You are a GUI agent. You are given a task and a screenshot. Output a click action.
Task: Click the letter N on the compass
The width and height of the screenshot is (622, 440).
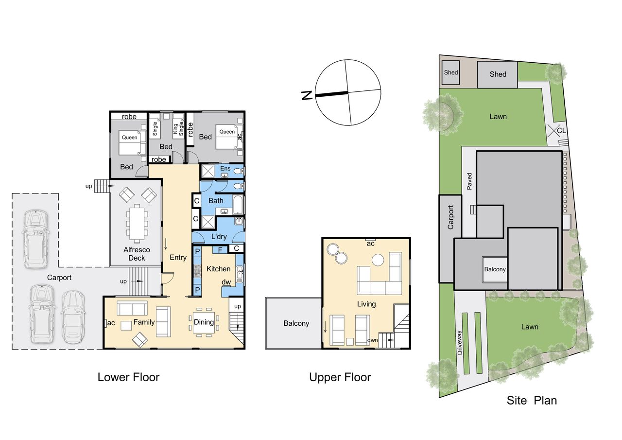pyautogui.click(x=307, y=95)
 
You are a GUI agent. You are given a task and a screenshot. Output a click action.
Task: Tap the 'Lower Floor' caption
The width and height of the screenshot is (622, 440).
pyautogui.click(x=128, y=377)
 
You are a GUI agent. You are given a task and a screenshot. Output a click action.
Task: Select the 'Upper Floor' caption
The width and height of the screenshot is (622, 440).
pyautogui.click(x=340, y=377)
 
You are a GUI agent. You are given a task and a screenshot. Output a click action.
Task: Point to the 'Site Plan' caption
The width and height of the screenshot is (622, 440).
pyautogui.click(x=532, y=400)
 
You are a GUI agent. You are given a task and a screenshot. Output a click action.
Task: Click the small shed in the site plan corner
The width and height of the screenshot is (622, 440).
pyautogui.click(x=450, y=73)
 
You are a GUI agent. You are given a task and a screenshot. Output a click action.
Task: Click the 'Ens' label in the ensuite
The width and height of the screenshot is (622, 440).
pyautogui.click(x=225, y=168)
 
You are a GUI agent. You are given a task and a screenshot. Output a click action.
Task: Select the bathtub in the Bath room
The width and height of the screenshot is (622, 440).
pyautogui.click(x=238, y=205)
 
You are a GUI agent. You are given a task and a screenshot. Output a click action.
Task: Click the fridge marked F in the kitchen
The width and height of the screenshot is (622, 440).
pyautogui.click(x=220, y=250)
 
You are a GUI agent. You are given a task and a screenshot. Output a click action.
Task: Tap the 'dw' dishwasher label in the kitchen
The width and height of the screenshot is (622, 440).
pyautogui.click(x=226, y=282)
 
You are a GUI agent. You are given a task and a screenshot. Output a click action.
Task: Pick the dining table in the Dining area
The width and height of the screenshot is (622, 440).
pyautogui.click(x=204, y=322)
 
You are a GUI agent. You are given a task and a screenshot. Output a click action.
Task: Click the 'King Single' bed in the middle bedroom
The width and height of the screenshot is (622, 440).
pyautogui.click(x=178, y=125)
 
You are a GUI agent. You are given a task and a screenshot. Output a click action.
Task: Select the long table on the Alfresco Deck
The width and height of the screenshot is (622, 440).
pyautogui.click(x=137, y=222)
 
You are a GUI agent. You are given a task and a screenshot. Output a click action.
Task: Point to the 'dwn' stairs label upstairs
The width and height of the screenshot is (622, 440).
pyautogui.click(x=372, y=340)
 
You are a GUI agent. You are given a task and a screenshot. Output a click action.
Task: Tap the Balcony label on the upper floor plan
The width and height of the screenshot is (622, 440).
pyautogui.click(x=296, y=323)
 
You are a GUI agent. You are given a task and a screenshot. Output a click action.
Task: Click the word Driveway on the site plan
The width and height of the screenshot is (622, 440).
pyautogui.click(x=460, y=342)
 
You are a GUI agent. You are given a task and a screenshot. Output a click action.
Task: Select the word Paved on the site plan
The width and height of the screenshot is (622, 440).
pyautogui.click(x=469, y=181)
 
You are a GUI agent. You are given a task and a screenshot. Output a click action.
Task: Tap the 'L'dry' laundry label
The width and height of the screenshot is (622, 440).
pyautogui.click(x=219, y=236)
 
